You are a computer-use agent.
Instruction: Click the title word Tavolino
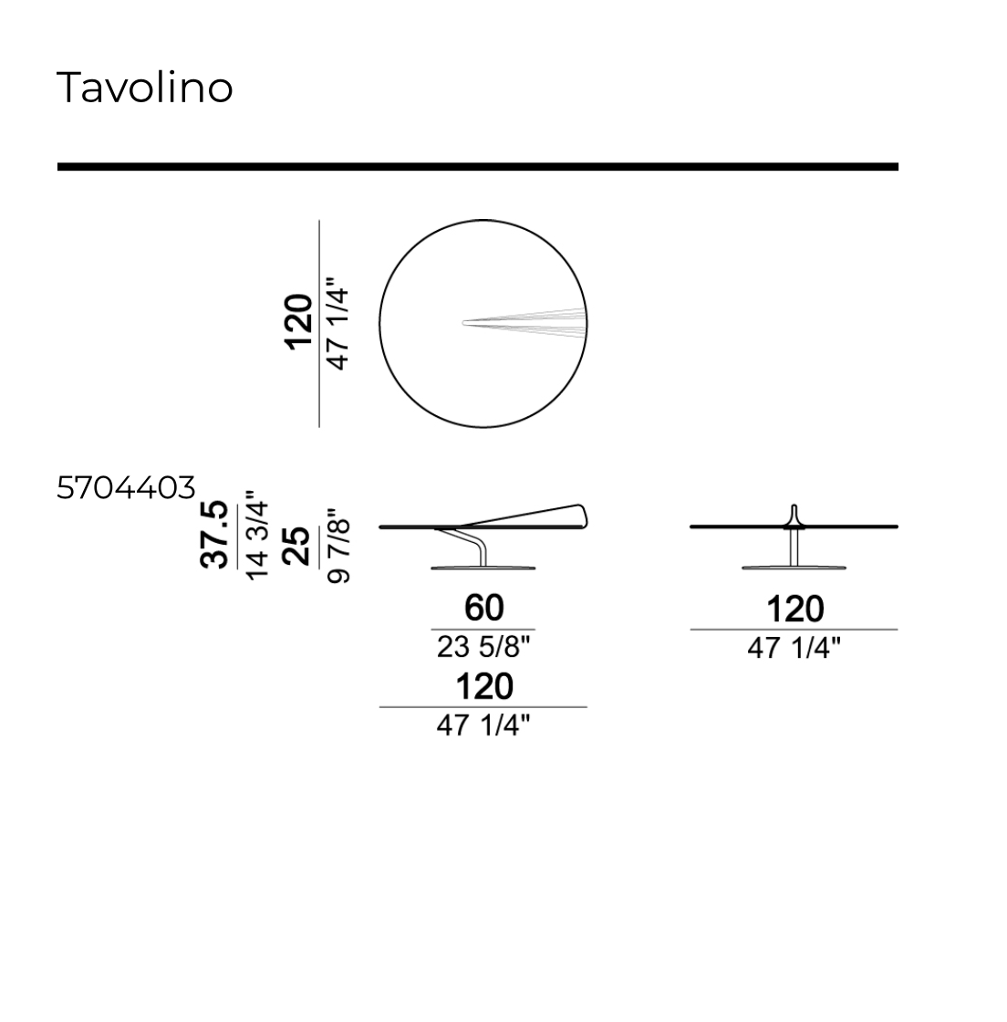click(145, 88)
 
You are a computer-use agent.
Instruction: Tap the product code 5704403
click(126, 487)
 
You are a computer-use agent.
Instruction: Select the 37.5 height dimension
click(214, 535)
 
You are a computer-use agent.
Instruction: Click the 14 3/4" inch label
click(256, 538)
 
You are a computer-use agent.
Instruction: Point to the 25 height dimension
click(297, 546)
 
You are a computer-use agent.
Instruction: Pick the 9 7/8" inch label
click(338, 547)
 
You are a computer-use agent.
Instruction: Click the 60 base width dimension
click(483, 608)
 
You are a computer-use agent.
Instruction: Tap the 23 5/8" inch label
click(483, 647)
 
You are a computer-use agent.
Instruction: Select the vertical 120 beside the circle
click(298, 323)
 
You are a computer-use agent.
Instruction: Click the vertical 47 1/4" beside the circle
click(337, 324)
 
